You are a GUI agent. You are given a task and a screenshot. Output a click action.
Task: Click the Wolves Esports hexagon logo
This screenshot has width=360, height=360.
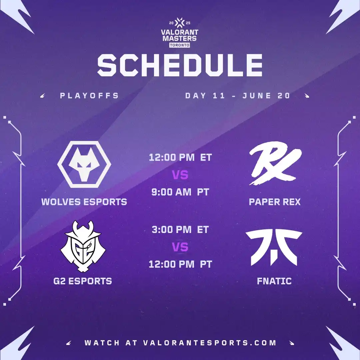[84, 164]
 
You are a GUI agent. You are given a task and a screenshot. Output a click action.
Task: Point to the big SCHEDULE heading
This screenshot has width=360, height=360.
[180, 65]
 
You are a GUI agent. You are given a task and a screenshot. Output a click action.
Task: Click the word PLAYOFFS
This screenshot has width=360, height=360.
[90, 96]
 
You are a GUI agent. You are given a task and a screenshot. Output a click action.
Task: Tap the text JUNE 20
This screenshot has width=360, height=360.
[266, 96]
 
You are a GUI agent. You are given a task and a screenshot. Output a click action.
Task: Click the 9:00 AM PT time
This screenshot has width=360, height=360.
[180, 192]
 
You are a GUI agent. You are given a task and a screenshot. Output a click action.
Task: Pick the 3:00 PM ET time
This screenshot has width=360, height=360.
[180, 230]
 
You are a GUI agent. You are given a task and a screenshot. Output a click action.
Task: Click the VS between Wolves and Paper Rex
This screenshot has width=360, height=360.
[180, 175]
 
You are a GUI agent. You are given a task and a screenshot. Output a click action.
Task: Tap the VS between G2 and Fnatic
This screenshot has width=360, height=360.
[180, 247]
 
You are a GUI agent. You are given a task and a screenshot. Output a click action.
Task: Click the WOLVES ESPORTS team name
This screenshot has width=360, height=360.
[84, 202]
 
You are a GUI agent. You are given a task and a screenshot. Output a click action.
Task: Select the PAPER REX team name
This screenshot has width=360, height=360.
[275, 202]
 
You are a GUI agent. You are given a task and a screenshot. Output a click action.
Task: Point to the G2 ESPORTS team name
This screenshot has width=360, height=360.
[83, 281]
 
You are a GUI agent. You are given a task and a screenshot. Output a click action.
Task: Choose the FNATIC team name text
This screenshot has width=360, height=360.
[274, 281]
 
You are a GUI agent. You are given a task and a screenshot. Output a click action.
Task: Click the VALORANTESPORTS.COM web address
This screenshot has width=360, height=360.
[210, 343]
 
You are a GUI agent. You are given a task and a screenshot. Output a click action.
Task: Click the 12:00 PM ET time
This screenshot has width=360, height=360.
[180, 157]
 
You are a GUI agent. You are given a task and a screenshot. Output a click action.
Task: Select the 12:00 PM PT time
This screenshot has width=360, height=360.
[180, 264]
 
